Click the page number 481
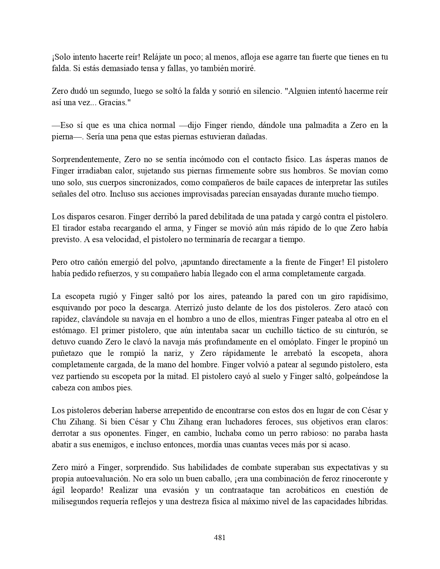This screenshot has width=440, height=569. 220,537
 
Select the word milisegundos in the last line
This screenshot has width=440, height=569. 74,502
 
